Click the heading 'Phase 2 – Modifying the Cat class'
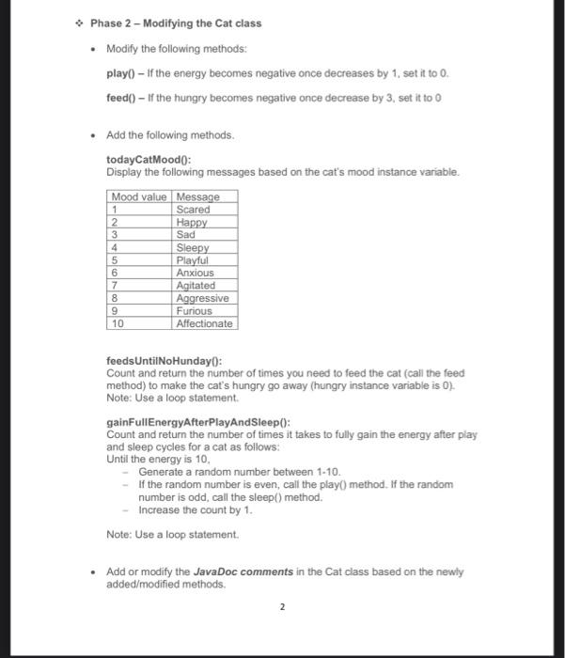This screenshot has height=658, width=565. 176,23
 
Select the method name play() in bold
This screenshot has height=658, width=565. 122,72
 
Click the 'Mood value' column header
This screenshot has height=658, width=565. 139,196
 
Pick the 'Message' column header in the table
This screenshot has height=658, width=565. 197,196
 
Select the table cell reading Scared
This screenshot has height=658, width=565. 194,210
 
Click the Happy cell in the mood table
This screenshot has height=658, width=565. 193,222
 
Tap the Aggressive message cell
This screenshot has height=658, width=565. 202,298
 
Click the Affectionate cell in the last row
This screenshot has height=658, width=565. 205,323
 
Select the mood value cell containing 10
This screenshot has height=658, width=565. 118,323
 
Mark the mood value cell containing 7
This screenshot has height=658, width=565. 115,286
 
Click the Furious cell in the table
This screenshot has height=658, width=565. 195,311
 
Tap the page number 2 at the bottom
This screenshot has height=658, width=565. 281,607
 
